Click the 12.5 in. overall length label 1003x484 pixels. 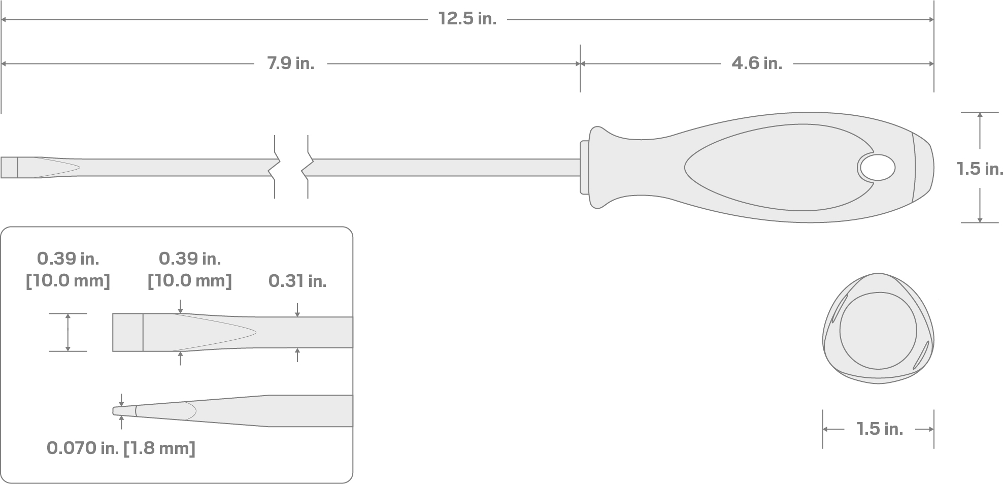467,19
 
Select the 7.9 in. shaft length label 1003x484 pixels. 290,63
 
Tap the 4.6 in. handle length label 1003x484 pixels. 756,63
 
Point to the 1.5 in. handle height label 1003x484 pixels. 979,169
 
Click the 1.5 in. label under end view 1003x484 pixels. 880,429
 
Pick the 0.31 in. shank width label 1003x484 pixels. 297,281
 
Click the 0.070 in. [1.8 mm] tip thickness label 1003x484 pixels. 121,448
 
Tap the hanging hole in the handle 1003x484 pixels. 877,168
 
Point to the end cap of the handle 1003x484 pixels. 923,168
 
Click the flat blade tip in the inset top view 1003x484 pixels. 127,333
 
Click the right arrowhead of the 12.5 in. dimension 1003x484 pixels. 931,20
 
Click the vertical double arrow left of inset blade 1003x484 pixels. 68,333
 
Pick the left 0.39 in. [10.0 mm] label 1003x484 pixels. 68,270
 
